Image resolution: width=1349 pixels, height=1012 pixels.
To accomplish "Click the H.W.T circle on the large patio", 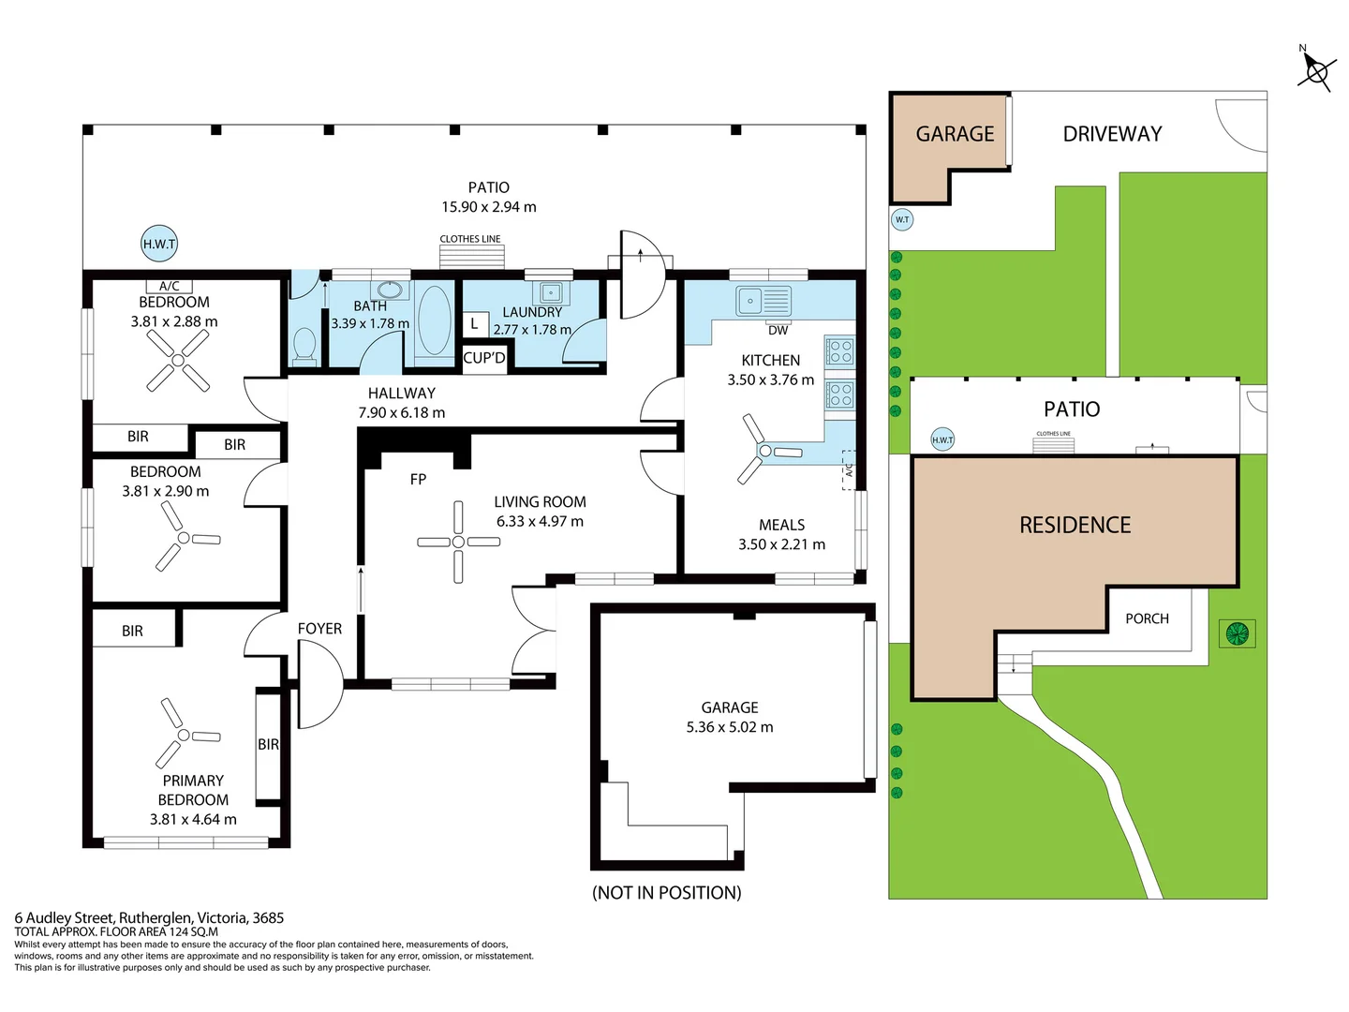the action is pos(159,244).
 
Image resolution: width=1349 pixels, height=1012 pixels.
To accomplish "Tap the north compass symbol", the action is pos(1316,72).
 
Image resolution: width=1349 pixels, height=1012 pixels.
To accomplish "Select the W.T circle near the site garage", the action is pos(901,219).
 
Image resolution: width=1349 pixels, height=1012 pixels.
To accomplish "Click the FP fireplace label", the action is pos(418,479).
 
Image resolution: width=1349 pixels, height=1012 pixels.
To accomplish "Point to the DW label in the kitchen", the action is pos(778,331).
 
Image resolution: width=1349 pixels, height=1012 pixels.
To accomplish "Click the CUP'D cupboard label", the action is pos(484,358).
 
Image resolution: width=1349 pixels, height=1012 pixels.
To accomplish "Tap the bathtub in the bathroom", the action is pos(435,320).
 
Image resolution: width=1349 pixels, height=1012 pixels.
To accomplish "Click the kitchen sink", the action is pos(763,301).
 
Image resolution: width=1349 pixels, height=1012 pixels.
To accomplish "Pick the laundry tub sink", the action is pos(549,292).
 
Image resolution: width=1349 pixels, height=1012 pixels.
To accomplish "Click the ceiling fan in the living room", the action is pos(458,542).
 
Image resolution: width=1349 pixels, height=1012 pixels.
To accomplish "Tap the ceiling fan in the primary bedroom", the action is pos(185,734).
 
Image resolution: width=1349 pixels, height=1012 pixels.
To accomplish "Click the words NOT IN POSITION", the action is pos(667,893).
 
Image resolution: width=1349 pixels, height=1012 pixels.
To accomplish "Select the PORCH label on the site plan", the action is pos(1147,618).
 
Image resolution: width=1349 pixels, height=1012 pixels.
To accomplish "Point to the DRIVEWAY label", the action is pos(1112,134).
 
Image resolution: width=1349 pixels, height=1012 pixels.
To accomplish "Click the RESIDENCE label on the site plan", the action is pos(1075,526).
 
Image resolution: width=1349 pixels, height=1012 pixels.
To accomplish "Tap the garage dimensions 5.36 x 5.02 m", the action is pos(730,727).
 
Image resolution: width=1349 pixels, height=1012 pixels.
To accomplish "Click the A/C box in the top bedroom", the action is pos(169,287).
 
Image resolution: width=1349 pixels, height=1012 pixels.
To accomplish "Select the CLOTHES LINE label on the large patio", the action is pos(470,239).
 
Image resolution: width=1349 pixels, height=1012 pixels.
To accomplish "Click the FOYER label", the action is pos(319,629).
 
